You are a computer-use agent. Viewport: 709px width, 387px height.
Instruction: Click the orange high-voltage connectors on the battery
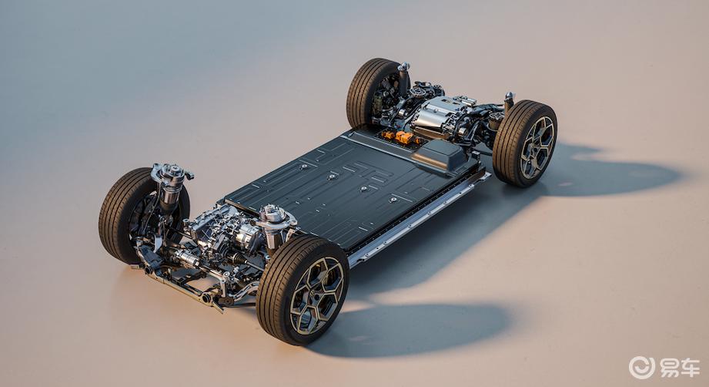[400, 136]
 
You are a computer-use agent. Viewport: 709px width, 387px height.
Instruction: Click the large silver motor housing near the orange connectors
[435, 116]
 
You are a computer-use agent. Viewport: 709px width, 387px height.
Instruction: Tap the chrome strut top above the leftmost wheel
[170, 173]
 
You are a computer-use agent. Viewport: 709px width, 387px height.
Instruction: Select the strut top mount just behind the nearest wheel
[276, 216]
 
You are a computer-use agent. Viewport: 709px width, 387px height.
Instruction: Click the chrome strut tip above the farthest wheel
[404, 66]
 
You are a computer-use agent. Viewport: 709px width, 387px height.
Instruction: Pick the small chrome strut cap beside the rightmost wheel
[510, 96]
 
